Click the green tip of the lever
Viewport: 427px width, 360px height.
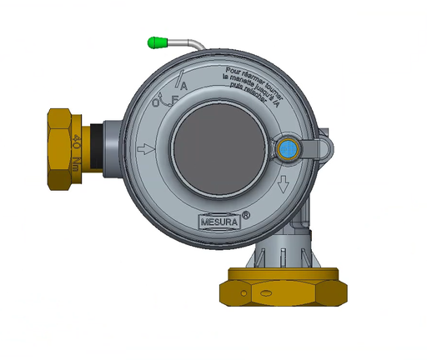coord(156,41)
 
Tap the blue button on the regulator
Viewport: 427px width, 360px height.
coord(288,149)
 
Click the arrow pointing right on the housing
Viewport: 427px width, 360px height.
coord(144,150)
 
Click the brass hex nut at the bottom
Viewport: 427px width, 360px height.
coord(283,287)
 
